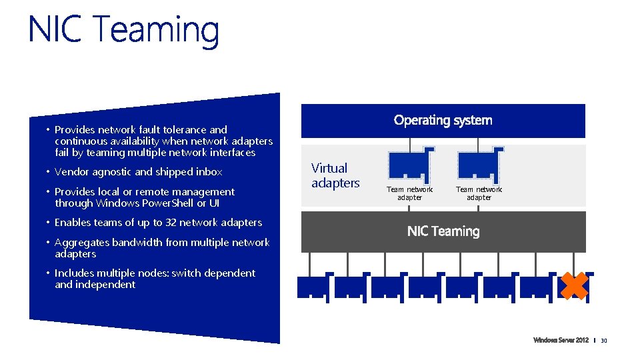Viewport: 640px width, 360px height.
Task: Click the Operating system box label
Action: [x=443, y=120]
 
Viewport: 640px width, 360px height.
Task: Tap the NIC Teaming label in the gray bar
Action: [x=443, y=231]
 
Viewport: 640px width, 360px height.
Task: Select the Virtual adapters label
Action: [x=335, y=175]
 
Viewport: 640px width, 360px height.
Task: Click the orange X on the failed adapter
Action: [x=573, y=285]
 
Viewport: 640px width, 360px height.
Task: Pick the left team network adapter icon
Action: [x=410, y=164]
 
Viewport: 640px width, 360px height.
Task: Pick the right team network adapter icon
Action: [x=479, y=164]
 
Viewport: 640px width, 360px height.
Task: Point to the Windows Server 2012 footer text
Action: [x=561, y=341]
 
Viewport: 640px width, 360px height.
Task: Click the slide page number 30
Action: [x=604, y=341]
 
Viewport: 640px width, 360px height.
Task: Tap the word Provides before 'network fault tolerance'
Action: [x=75, y=130]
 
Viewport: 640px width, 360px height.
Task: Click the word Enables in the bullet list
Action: [x=73, y=223]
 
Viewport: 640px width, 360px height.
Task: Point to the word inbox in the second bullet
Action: [x=208, y=172]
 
